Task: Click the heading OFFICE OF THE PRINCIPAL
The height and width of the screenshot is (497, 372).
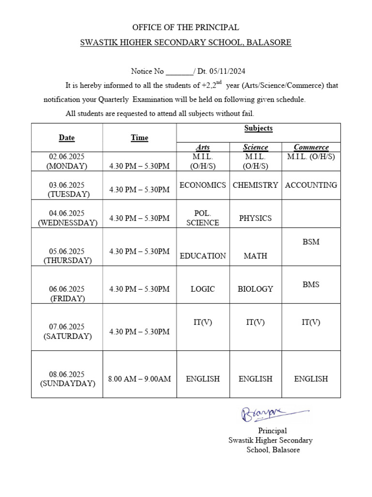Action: [x=186, y=27]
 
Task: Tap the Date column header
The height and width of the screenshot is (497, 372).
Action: [x=67, y=137]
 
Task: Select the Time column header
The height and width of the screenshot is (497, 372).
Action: [x=139, y=137]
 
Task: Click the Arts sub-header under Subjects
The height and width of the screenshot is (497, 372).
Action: [x=202, y=147]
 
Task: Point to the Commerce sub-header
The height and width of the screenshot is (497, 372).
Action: [x=311, y=147]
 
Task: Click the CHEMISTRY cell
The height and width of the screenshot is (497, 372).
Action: [x=255, y=185]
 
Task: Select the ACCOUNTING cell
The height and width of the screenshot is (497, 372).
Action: [x=311, y=185]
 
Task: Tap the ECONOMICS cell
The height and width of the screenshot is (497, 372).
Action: [x=202, y=185]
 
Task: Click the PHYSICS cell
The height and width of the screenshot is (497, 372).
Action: [x=255, y=218]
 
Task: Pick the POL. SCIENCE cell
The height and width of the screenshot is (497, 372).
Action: [x=202, y=218]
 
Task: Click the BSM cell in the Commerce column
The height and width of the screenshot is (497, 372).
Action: [x=311, y=242]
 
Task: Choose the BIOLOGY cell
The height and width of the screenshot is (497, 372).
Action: [x=255, y=289]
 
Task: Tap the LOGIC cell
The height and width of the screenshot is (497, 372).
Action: [x=202, y=289]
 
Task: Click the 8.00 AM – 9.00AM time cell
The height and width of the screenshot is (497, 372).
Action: [x=139, y=379]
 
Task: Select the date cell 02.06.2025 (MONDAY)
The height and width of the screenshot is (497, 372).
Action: [x=67, y=161]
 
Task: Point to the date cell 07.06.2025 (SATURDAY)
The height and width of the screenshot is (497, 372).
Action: [x=67, y=331]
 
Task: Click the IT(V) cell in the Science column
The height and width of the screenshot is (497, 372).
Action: [x=255, y=322]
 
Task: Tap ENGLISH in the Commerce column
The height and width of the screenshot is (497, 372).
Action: [x=311, y=379]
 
